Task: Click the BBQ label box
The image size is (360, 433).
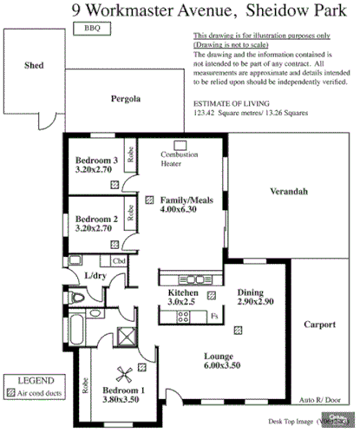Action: [x=92, y=29]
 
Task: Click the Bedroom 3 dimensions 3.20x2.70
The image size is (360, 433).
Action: [x=95, y=171]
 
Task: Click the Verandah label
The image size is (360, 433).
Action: [x=288, y=190]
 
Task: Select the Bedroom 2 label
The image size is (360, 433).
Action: [x=96, y=220]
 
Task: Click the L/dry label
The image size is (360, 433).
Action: [x=95, y=276]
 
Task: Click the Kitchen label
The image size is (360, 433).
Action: [x=184, y=293]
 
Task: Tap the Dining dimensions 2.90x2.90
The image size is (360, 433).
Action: [x=256, y=303]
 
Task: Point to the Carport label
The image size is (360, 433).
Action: [x=318, y=325]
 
